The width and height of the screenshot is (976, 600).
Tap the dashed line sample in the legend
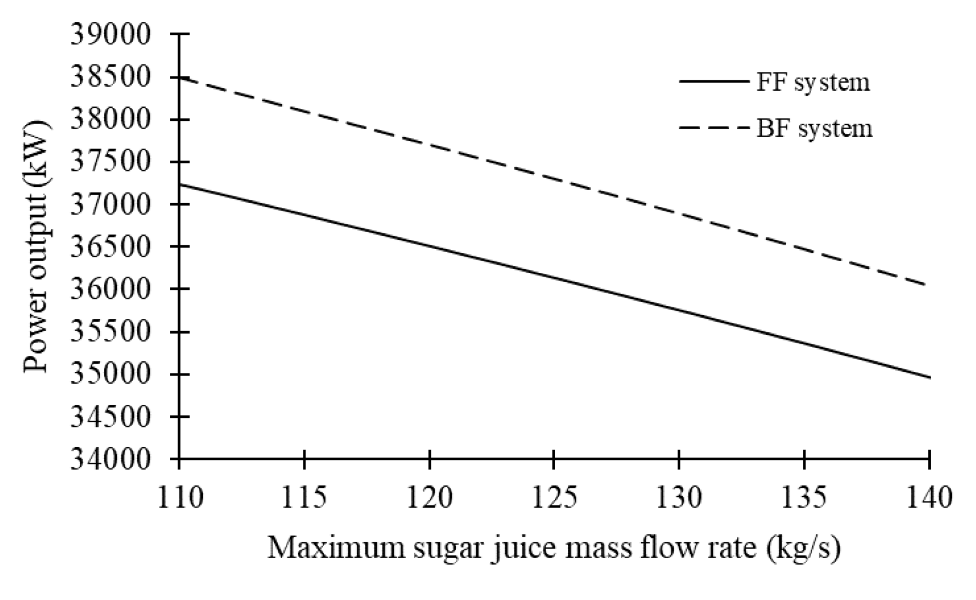click(x=714, y=128)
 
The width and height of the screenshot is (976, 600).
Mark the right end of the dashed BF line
click(x=928, y=285)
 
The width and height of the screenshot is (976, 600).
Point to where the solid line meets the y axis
click(x=180, y=184)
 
